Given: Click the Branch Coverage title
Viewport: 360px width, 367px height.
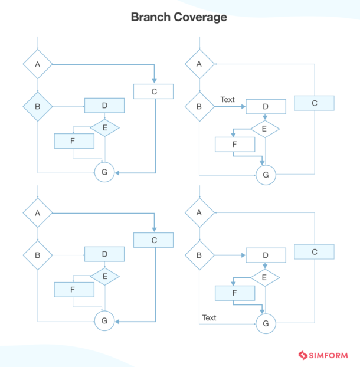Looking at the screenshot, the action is [179, 17].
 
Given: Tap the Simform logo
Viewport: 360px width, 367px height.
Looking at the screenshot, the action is [323, 355].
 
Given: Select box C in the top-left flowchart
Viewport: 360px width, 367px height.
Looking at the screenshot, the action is [153, 91].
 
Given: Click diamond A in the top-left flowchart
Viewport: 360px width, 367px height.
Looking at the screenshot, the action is [38, 64].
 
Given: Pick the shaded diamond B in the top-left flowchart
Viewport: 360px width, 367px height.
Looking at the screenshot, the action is [38, 106].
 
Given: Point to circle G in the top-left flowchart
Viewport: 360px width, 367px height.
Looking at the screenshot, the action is [104, 172].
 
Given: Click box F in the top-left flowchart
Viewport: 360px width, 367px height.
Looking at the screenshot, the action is [74, 141].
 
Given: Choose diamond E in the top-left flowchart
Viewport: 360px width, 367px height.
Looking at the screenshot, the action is [104, 128].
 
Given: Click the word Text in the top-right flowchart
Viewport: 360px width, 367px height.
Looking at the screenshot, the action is [227, 100].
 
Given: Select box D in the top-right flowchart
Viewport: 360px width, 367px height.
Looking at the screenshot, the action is [266, 106].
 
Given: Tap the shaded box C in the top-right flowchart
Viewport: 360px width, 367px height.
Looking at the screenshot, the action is [314, 103].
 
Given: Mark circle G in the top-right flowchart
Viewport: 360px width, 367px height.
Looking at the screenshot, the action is [266, 175].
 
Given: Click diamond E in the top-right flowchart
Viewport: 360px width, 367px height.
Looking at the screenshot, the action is [265, 129].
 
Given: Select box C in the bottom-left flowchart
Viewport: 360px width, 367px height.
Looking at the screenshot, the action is [153, 240].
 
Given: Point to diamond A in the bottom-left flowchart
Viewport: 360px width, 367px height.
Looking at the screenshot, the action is [38, 213].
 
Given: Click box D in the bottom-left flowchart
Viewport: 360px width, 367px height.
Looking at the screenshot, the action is [104, 254].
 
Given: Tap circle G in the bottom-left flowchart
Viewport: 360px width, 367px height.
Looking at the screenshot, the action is [104, 320].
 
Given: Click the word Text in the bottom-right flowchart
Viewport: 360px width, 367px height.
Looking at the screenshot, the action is [209, 317].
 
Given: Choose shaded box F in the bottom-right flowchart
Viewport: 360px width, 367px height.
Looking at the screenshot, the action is [235, 293].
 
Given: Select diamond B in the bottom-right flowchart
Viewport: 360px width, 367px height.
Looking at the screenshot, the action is [199, 255].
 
